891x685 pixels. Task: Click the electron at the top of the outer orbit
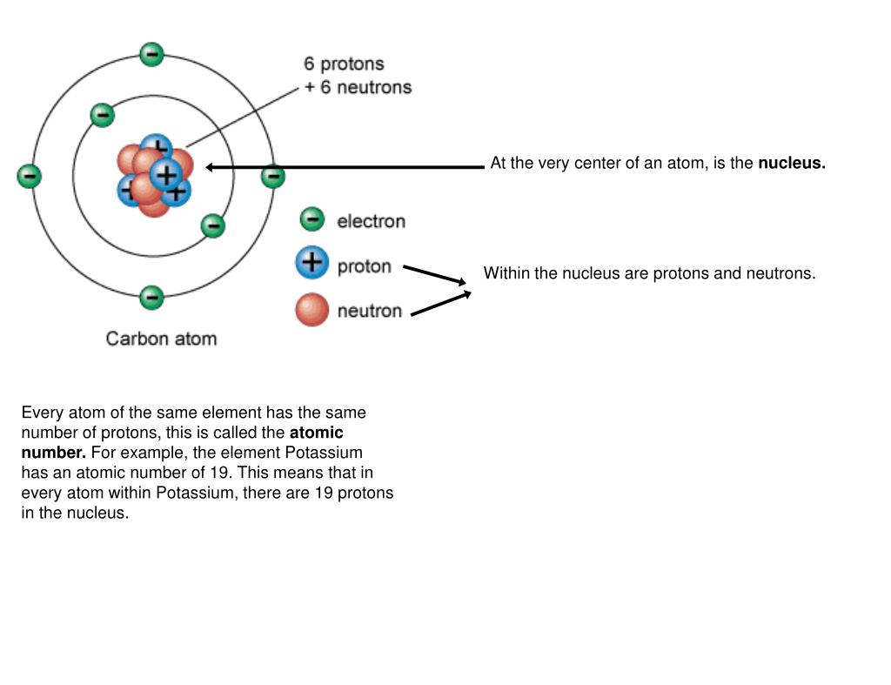[151, 55]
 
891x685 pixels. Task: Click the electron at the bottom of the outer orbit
[151, 298]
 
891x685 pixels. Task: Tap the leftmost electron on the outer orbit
[29, 177]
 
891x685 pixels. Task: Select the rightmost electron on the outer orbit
[273, 177]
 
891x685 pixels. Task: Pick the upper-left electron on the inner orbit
[103, 115]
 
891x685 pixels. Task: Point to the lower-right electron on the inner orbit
[213, 226]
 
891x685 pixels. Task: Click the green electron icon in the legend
[312, 219]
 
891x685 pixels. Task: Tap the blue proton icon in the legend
[312, 263]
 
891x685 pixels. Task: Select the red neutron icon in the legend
[312, 310]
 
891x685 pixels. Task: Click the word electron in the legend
[371, 221]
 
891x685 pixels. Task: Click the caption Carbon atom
[161, 339]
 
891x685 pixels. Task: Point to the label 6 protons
[344, 64]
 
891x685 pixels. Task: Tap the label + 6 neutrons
[357, 87]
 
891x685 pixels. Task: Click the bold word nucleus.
[791, 163]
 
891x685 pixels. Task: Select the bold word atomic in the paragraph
[316, 433]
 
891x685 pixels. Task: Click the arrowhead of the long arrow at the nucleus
[211, 167]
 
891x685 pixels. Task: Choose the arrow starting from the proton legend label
[435, 274]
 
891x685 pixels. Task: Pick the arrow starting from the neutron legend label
[440, 303]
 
